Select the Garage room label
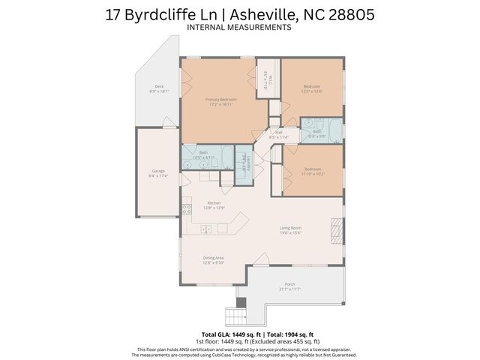point(158,171)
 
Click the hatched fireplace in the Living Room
point(335,232)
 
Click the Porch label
point(289,284)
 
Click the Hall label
point(278,133)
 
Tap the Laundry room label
point(243,161)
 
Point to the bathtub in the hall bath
point(334,130)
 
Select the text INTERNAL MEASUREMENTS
point(239,28)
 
